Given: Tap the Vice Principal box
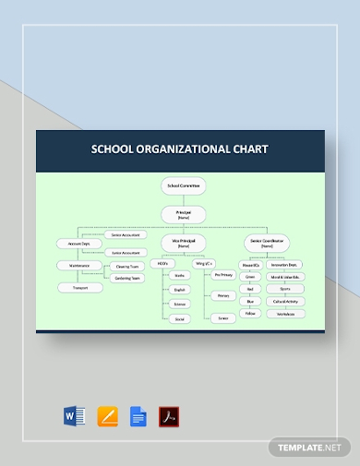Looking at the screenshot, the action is (181, 244).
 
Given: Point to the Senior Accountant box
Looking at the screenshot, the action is (126, 235).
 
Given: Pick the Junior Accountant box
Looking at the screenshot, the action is (126, 252).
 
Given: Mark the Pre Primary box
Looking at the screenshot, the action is (222, 275).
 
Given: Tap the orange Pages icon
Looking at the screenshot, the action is (105, 415).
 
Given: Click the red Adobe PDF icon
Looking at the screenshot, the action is (169, 415).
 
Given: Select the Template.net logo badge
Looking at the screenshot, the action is (309, 447).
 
